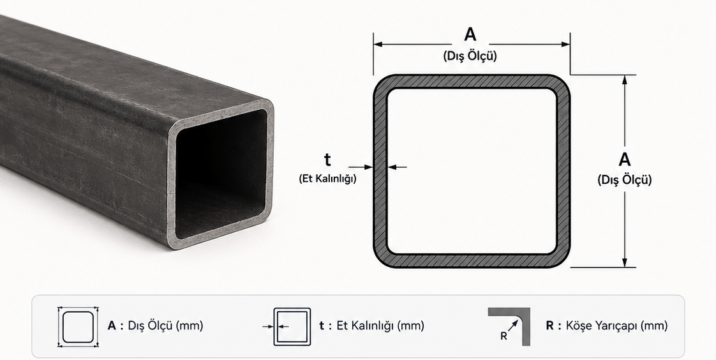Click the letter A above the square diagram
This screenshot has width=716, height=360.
pos(470,34)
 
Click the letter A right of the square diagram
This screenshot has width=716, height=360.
pos(625,160)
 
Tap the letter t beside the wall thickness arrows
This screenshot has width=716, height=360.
pos(327,160)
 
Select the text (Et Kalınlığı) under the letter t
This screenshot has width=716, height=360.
pos(327,179)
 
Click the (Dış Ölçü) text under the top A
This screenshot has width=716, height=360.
pos(470,56)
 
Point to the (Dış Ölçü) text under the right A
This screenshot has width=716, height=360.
pos(625,180)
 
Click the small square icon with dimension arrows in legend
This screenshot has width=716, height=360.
pos(78,327)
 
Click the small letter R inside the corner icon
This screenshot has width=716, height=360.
pos(503,336)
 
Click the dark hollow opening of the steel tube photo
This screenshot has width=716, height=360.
pos(221,174)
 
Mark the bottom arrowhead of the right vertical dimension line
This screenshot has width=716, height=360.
pos(625,263)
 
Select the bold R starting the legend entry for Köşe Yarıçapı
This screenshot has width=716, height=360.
pos(549,326)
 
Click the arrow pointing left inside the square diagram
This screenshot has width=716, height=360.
pos(397,167)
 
